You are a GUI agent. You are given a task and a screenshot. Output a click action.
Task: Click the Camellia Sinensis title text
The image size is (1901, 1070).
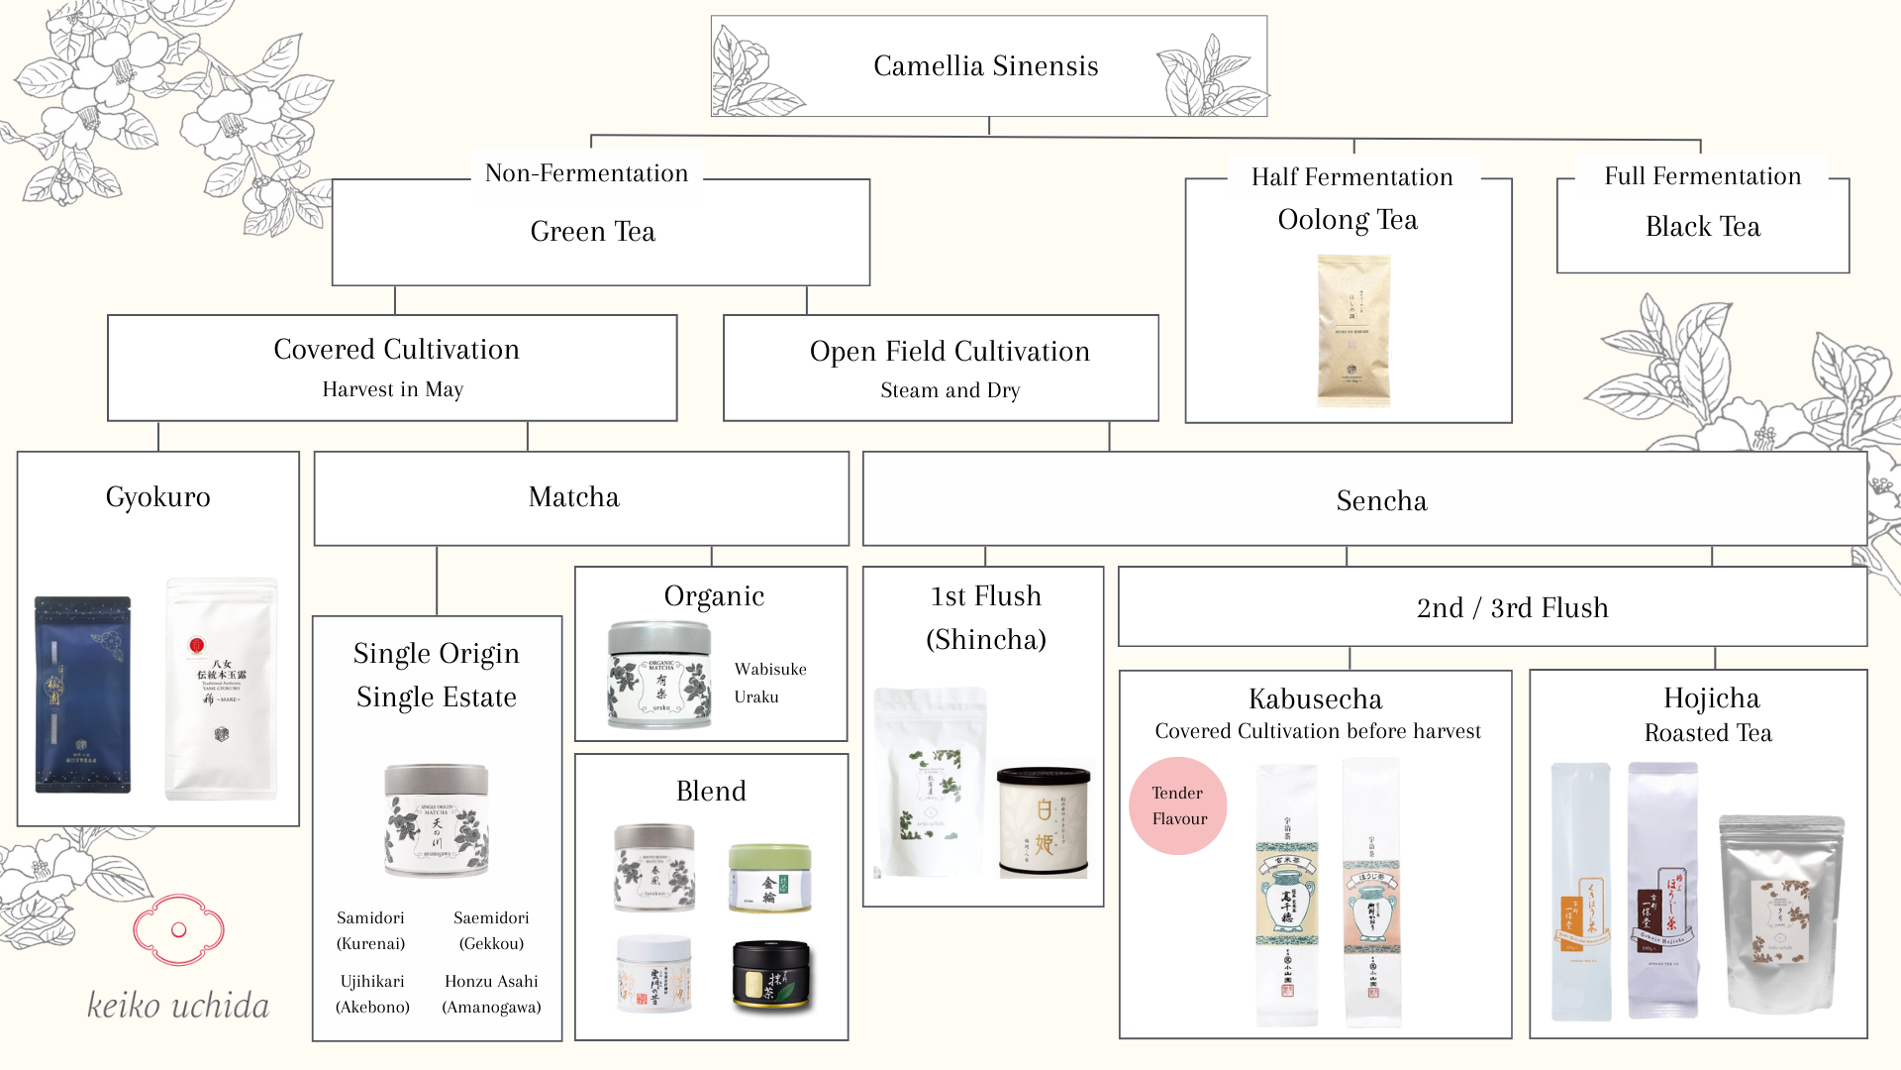tap(985, 66)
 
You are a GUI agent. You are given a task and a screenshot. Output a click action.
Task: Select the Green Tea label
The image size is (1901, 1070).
tap(592, 232)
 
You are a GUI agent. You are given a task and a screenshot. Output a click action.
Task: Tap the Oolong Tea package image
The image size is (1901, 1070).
tap(1352, 330)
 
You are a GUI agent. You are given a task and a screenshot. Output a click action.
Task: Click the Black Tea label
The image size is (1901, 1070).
tap(1702, 227)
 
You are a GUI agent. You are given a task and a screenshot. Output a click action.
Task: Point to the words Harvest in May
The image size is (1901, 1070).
tap(392, 389)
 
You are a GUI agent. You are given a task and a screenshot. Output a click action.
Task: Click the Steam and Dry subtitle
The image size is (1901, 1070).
tap(950, 390)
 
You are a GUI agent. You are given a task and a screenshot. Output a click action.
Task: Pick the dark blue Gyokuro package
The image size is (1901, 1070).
tap(82, 694)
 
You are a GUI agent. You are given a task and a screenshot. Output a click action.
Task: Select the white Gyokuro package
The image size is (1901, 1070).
tap(222, 689)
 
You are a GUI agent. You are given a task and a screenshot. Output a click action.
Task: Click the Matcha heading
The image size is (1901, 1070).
tap(573, 497)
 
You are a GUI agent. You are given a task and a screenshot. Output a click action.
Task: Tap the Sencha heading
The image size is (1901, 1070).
tap(1381, 501)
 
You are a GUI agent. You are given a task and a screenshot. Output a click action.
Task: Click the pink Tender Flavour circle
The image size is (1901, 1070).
tap(1178, 806)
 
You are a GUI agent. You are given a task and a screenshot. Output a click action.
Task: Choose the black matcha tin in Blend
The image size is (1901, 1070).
tap(771, 976)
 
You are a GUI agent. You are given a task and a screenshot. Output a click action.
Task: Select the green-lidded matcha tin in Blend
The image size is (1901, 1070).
tap(770, 877)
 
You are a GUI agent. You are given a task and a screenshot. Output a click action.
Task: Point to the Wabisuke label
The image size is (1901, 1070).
tap(770, 670)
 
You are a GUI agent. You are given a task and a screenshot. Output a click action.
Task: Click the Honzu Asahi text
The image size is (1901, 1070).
tap(491, 982)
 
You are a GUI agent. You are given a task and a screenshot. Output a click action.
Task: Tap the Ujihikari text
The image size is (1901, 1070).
tap(372, 982)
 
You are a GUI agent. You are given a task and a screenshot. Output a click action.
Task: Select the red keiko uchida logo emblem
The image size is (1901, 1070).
tap(179, 929)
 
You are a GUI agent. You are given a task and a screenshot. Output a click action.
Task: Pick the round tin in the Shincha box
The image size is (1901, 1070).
tap(1044, 822)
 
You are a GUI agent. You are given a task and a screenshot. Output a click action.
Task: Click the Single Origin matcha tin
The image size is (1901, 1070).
tap(437, 819)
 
